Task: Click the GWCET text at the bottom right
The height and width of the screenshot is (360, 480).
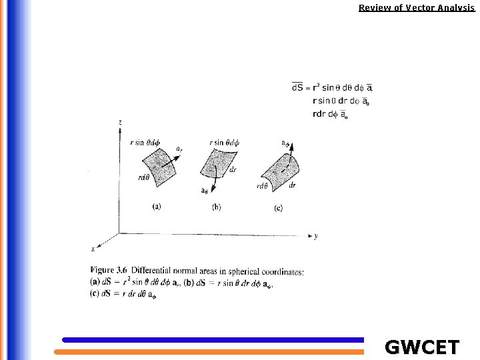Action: pos(422,347)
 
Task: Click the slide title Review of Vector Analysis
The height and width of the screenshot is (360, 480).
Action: pos(417,8)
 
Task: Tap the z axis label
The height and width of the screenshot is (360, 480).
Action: pos(119,123)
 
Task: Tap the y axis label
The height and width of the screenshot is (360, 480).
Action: pos(315,236)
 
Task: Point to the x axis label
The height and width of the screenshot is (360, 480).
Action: pos(93,249)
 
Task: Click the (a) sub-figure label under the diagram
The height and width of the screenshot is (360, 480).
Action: pos(156,207)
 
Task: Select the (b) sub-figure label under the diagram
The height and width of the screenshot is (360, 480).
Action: pos(217,207)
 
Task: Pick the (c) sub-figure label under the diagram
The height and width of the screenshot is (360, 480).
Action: pos(278,208)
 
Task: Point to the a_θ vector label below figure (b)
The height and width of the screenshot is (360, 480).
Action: pos(205,191)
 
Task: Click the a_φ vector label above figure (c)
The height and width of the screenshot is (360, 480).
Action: pos(285,143)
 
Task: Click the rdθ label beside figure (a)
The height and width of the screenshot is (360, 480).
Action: pos(143,177)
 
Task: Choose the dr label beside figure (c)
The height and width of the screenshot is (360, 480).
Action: pos(293,185)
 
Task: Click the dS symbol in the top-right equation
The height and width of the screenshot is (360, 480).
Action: pos(297,87)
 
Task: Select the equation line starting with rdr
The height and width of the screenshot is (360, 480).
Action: pos(330,114)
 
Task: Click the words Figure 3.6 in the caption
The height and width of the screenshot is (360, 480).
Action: pos(109,271)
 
